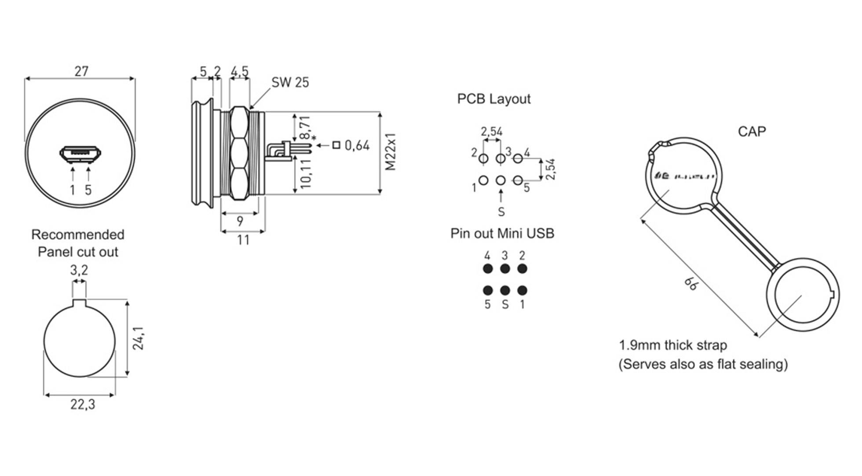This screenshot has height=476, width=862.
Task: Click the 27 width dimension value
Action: [x=81, y=71]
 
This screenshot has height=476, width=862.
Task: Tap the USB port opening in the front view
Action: [x=80, y=154]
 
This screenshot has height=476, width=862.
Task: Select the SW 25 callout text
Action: [x=290, y=82]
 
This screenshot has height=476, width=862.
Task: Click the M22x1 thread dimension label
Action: [x=390, y=152]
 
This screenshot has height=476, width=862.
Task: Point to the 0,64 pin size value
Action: [x=357, y=145]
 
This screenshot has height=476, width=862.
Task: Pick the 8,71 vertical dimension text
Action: [x=305, y=128]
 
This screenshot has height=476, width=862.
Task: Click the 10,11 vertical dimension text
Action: [x=305, y=174]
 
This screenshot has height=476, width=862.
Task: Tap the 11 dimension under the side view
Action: [x=243, y=240]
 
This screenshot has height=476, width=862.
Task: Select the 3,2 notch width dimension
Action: [x=79, y=270]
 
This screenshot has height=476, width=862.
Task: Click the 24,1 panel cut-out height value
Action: [x=139, y=338]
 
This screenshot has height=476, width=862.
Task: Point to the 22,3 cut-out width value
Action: [x=83, y=404]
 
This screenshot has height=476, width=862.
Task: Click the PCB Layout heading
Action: [x=494, y=99]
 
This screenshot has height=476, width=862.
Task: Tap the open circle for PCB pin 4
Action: [x=518, y=158]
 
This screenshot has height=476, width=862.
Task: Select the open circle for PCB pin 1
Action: [x=483, y=180]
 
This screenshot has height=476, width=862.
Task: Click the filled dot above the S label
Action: [x=505, y=290]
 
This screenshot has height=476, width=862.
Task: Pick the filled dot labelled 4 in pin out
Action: [x=488, y=269]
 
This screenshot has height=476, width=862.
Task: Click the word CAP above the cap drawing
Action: [x=752, y=132]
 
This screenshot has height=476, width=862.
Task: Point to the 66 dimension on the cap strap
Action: [x=690, y=284]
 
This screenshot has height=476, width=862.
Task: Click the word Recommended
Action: [x=78, y=234]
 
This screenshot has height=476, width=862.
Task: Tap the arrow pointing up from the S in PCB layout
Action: [x=501, y=196]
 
